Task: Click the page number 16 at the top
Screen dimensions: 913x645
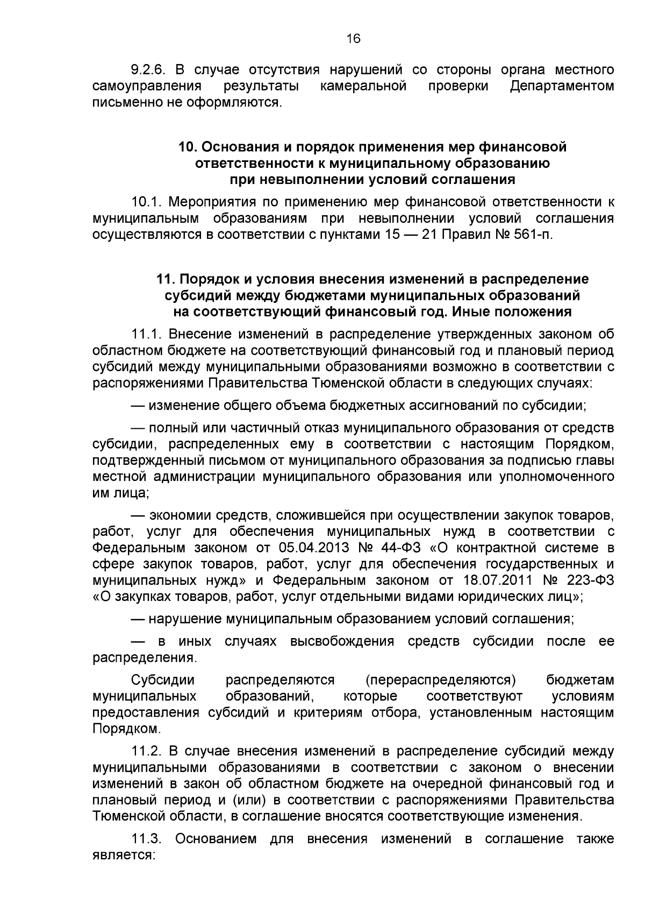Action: tap(354, 39)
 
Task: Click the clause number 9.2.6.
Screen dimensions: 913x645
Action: tap(150, 70)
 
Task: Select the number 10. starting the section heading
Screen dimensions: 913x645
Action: tap(188, 147)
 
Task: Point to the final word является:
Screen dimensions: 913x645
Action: tap(124, 855)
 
